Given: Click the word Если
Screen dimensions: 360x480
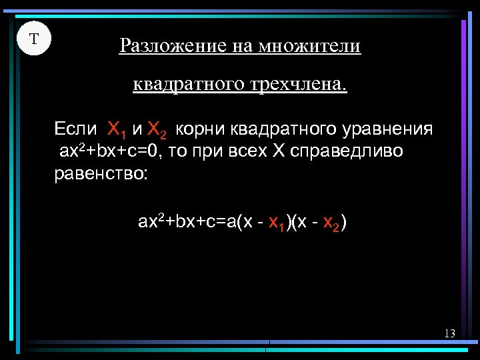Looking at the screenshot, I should pos(75,128).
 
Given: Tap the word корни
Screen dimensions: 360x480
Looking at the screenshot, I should pos(202,129).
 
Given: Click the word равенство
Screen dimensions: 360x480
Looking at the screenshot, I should pos(102,175).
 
